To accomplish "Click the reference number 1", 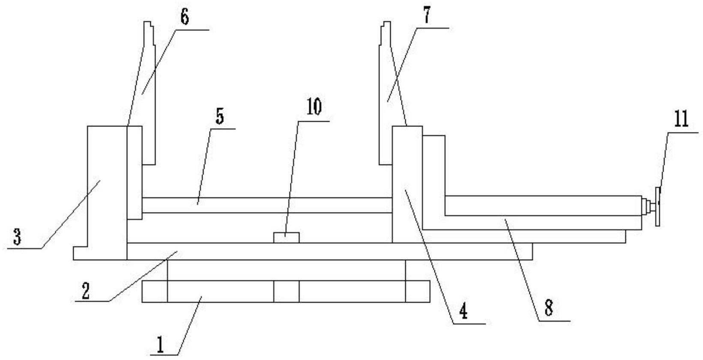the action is point(160,345).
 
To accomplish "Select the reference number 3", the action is point(17,237).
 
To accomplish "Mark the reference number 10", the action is point(314,107).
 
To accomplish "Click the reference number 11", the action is point(681,119).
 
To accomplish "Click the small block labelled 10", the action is point(286,237).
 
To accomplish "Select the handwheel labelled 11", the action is point(657,206).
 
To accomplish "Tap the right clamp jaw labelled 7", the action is point(388,107).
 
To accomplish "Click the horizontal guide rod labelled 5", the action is point(266,205).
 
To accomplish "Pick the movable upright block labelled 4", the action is point(407,184).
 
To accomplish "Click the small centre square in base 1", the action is point(286,291).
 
